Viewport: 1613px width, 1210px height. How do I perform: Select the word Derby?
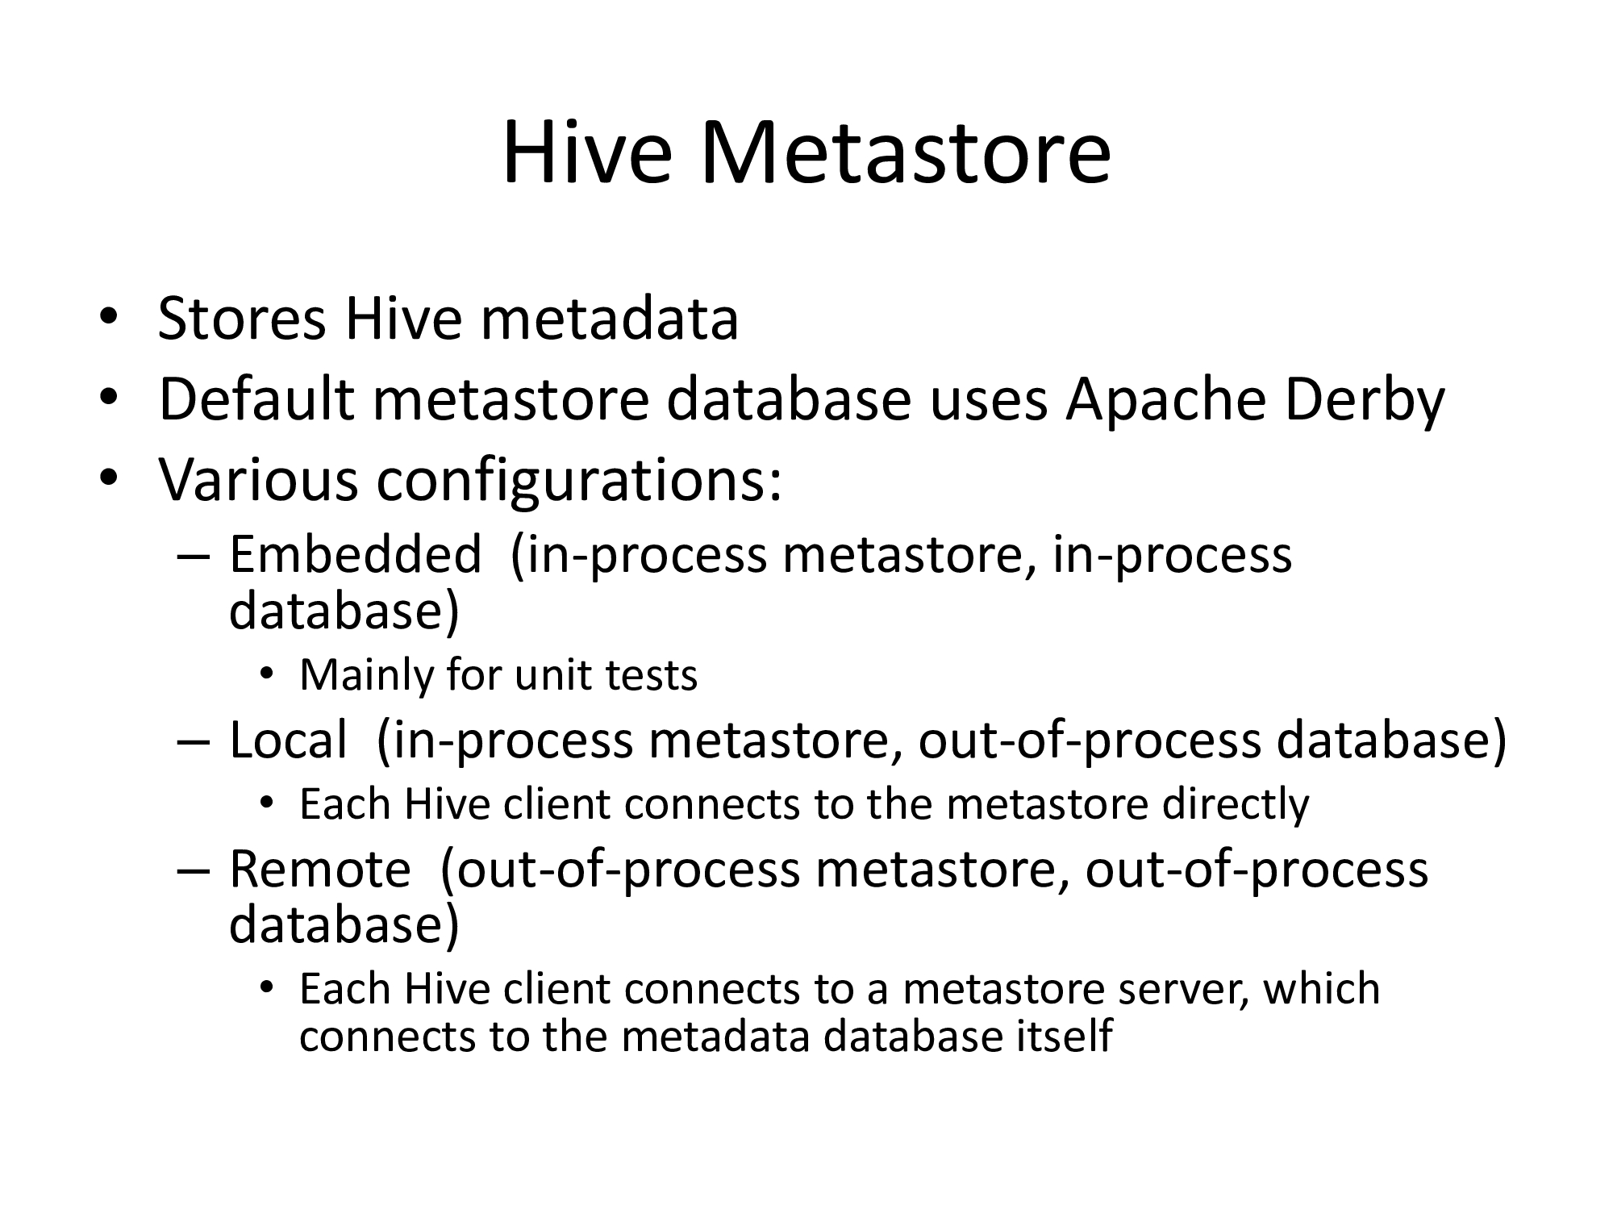tap(1364, 401)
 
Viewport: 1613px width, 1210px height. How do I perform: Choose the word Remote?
tap(320, 869)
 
